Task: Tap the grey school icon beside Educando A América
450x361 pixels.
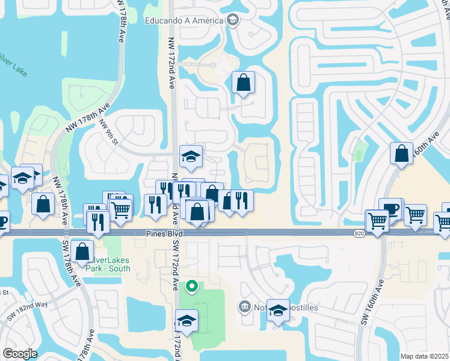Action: coord(232,20)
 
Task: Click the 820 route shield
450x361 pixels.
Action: coord(359,232)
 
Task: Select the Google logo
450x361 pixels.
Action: coord(20,353)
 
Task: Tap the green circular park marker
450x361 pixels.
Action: coord(192,286)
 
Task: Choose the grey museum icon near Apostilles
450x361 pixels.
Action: coord(244,307)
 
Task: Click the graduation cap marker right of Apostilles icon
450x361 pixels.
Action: coord(278,310)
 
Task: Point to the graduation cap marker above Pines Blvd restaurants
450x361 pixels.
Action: coord(191,156)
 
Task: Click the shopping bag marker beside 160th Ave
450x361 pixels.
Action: coord(401,153)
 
